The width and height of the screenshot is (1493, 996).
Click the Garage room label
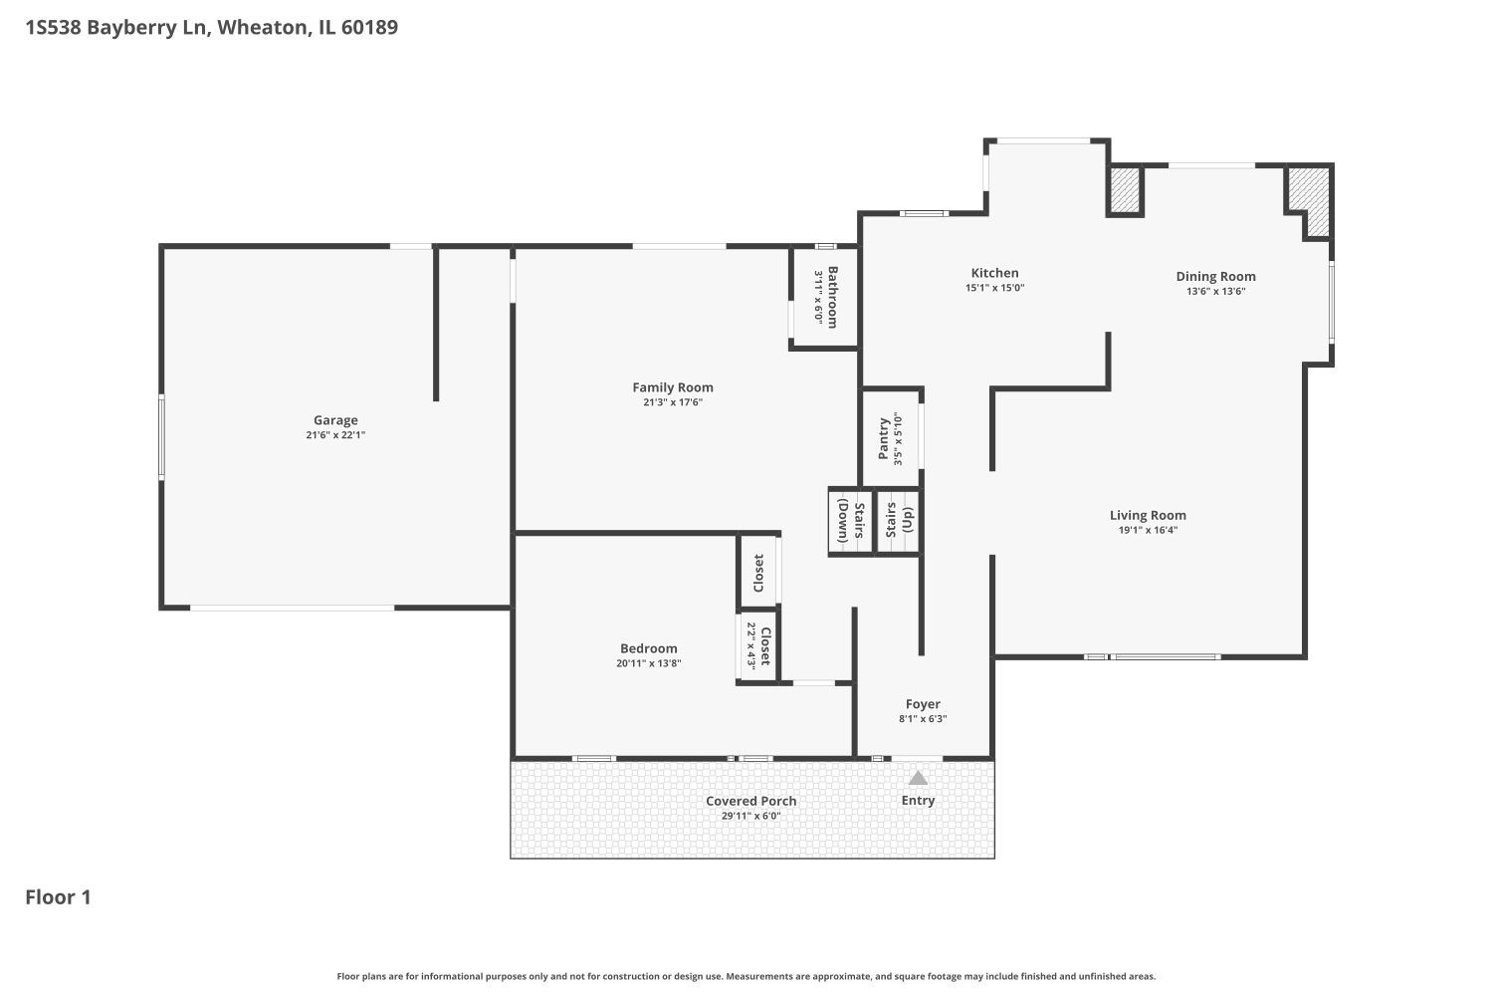[x=335, y=420]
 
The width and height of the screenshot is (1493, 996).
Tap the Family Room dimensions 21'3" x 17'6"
[x=673, y=402]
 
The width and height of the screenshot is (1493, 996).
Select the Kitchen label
[x=994, y=273]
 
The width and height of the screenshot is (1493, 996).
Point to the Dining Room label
[x=1215, y=277]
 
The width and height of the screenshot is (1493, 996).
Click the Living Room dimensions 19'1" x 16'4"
[x=1148, y=530]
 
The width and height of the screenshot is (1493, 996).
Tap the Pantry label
[x=884, y=438]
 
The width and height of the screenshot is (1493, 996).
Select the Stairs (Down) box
[x=850, y=520]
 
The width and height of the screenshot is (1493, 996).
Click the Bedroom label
[x=648, y=648]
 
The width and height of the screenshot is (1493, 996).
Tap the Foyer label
[x=923, y=704]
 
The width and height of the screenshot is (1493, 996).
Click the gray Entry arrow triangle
[x=918, y=778]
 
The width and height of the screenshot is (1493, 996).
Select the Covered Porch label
[x=750, y=801]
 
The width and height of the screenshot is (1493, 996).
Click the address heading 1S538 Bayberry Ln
[x=211, y=27]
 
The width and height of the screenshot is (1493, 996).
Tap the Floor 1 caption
[x=58, y=897]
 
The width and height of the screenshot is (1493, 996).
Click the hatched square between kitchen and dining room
[x=1125, y=190]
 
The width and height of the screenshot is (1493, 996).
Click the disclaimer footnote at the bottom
[x=746, y=976]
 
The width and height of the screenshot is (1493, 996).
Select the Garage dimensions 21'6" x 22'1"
[x=335, y=435]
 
